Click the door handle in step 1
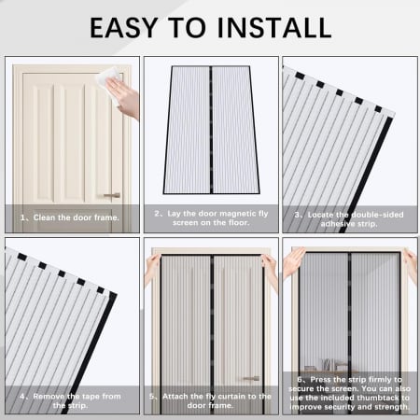111,195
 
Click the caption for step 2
210,218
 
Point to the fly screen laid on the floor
209,131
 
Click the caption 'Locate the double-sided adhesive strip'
349,218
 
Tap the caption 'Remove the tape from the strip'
71,400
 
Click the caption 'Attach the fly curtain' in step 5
210,400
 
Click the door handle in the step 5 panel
249,378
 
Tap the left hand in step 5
152,266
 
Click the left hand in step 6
293,263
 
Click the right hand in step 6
409,264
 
